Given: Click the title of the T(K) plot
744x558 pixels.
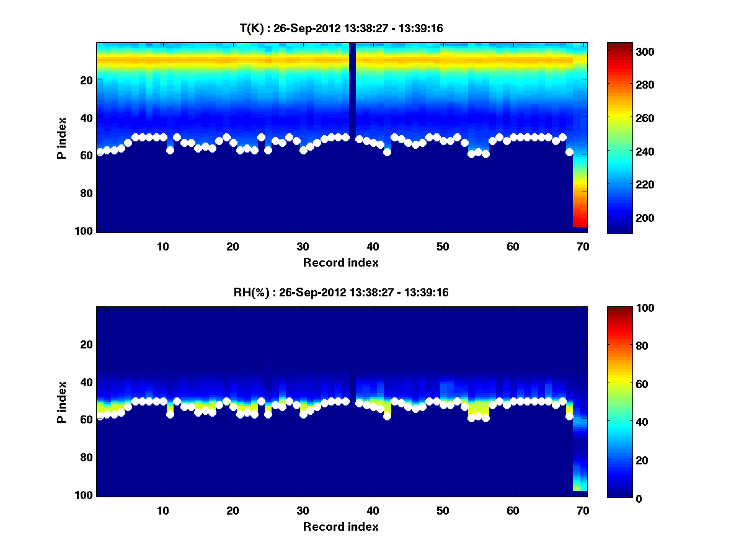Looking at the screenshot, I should click(341, 28).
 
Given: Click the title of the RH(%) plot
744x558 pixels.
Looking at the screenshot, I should click(341, 292).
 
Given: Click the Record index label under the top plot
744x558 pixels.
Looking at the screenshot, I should click(341, 262).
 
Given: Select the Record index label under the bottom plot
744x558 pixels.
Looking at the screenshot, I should click(341, 526).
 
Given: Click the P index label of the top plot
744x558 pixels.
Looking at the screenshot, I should click(61, 138).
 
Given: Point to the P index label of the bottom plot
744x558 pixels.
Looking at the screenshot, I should click(61, 402).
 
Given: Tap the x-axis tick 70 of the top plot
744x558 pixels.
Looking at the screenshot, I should click(583, 246).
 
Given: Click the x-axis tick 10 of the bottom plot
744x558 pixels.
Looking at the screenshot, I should click(162, 510).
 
